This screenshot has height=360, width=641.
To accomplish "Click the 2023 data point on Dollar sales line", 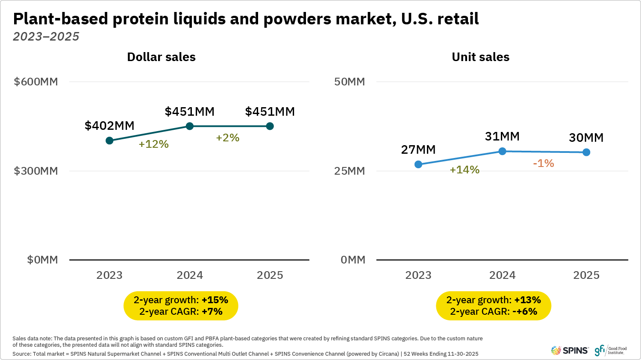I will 109,140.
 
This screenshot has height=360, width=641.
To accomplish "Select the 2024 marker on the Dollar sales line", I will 190,126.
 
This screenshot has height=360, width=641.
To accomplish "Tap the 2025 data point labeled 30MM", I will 586,152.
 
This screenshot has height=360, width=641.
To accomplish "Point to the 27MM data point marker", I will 418,164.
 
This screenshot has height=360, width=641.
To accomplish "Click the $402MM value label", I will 109,126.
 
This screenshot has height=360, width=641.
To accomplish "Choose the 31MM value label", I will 502,137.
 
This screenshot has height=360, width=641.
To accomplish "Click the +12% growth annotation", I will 153,144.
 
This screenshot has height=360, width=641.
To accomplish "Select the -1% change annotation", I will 543,164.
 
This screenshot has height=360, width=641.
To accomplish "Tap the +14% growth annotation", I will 465,170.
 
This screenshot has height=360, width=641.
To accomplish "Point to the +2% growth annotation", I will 227,138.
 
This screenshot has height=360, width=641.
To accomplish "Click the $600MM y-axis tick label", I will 36,82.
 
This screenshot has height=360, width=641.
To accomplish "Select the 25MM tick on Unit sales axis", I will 350,171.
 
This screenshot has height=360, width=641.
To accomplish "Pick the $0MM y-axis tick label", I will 42,260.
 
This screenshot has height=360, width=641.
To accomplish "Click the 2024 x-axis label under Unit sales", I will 502,275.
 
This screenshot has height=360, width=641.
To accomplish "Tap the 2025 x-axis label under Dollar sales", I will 270,275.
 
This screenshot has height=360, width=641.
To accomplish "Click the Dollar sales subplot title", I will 161,57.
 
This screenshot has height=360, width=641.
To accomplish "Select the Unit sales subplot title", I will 480,57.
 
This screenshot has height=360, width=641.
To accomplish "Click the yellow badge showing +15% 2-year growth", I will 181,306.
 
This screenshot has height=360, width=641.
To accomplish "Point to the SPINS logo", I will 570,351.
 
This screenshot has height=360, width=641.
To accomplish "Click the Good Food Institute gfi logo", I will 610,351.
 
